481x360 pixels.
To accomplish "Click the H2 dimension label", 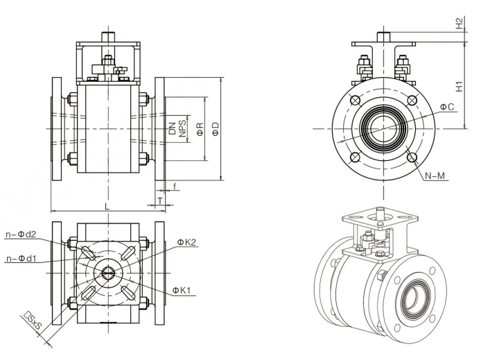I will click(x=459, y=22).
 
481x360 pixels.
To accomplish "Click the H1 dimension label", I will click(x=459, y=85).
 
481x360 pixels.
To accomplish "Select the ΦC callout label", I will click(x=447, y=107).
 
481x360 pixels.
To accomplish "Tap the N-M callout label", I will click(x=435, y=175).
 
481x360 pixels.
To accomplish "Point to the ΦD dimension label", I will click(x=216, y=129).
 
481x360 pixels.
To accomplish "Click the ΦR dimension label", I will click(x=200, y=129).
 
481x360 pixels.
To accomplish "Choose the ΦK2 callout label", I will click(x=186, y=242).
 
